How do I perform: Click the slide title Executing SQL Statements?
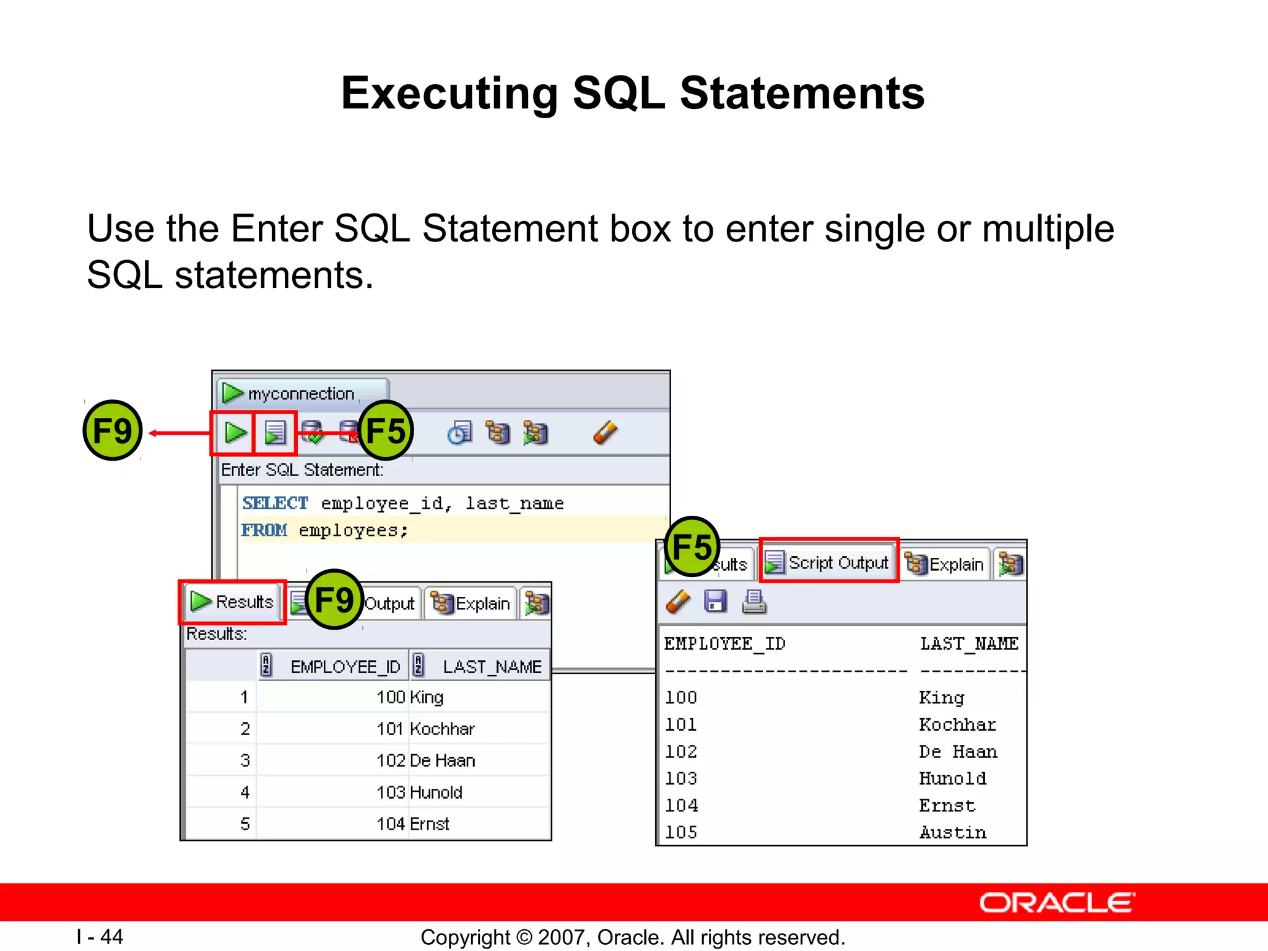[x=633, y=93]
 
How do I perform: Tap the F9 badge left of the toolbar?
[x=112, y=430]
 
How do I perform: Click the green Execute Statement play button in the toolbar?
[x=235, y=432]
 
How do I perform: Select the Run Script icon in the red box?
[x=275, y=432]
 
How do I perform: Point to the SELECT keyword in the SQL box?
[x=275, y=503]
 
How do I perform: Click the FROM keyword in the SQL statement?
[x=264, y=530]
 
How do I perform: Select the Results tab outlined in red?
[x=233, y=601]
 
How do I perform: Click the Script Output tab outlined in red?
[x=828, y=562]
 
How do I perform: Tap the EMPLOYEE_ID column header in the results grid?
[x=345, y=667]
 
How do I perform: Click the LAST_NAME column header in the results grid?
[x=492, y=667]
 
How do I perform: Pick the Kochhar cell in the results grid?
[x=442, y=729]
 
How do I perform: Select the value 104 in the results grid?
[x=391, y=824]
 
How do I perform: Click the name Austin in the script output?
[x=952, y=832]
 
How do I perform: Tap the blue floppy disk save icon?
[x=716, y=601]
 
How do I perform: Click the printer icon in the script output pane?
[x=753, y=601]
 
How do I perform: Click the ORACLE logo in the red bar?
[x=1056, y=903]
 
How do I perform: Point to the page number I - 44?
[x=100, y=937]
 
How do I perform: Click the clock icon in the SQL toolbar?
[x=459, y=433]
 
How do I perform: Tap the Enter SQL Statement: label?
[x=302, y=470]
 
